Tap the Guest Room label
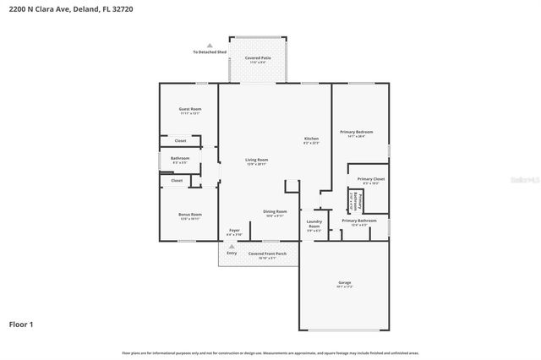click(x=189, y=109)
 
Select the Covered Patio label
click(x=257, y=58)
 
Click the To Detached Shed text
click(x=210, y=52)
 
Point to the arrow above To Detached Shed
click(x=210, y=46)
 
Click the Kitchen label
click(x=311, y=139)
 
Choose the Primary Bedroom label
click(x=356, y=132)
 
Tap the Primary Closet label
click(x=370, y=179)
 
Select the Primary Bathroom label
click(x=359, y=221)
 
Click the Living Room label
click(x=256, y=160)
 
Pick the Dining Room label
click(x=275, y=211)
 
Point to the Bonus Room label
click(x=189, y=215)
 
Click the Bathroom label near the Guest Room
click(x=180, y=158)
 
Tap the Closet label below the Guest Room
click(x=180, y=140)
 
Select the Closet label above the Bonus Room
click(x=177, y=180)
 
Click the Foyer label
click(x=234, y=231)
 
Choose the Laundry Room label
click(x=314, y=224)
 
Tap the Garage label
click(x=345, y=282)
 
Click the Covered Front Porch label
click(x=267, y=253)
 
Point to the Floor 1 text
click(x=21, y=324)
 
